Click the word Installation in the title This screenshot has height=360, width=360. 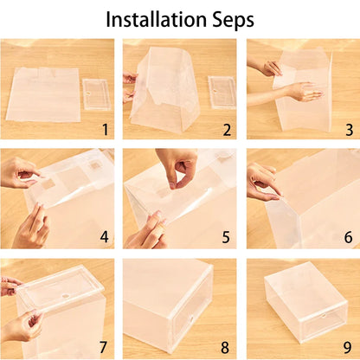pyautogui.click(x=159, y=18)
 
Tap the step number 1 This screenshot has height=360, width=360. pyautogui.click(x=104, y=131)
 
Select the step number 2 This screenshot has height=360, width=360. pyautogui.click(x=226, y=131)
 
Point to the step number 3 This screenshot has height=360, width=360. pyautogui.click(x=348, y=131)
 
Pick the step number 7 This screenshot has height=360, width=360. pyautogui.click(x=104, y=348)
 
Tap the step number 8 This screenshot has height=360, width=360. pyautogui.click(x=226, y=348)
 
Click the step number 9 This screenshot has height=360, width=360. pyautogui.click(x=348, y=348)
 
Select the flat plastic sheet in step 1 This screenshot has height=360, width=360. pyautogui.click(x=43, y=93)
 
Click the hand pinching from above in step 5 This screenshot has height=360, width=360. pyautogui.click(x=177, y=164)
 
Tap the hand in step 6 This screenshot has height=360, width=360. pyautogui.click(x=261, y=182)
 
